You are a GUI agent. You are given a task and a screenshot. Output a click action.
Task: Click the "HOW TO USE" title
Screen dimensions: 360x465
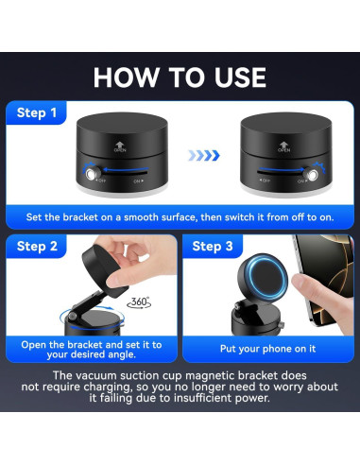[x=180, y=77]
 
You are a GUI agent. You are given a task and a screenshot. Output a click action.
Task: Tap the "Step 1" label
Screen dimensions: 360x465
[x=37, y=112]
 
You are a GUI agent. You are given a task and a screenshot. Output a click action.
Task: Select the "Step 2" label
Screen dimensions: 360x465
[x=37, y=246]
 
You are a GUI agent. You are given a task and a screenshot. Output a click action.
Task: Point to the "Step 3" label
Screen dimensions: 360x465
[x=213, y=246]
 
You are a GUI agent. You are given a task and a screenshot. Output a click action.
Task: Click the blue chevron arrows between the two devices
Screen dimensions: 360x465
[x=204, y=155]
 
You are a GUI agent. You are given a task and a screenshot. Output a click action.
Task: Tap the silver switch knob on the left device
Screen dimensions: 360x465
[x=92, y=174]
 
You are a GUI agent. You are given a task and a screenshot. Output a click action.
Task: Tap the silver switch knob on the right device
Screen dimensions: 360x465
[x=312, y=175]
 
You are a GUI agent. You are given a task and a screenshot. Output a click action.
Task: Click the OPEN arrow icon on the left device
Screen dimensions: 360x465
[x=120, y=146]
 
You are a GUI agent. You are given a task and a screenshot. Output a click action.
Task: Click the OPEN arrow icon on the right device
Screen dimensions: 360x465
[x=283, y=146]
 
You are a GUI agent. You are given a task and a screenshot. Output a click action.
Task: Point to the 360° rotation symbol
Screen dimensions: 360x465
[x=139, y=302]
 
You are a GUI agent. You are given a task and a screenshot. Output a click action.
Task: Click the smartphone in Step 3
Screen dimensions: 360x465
[x=324, y=277]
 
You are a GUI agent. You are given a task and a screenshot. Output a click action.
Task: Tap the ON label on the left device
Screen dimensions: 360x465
[x=138, y=181]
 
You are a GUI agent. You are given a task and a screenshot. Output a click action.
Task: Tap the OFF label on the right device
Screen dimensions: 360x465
[x=265, y=181]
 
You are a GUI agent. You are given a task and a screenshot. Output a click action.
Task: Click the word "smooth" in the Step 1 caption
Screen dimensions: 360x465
[x=141, y=217]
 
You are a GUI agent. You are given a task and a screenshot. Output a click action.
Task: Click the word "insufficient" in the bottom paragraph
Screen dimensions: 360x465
[x=202, y=398]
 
